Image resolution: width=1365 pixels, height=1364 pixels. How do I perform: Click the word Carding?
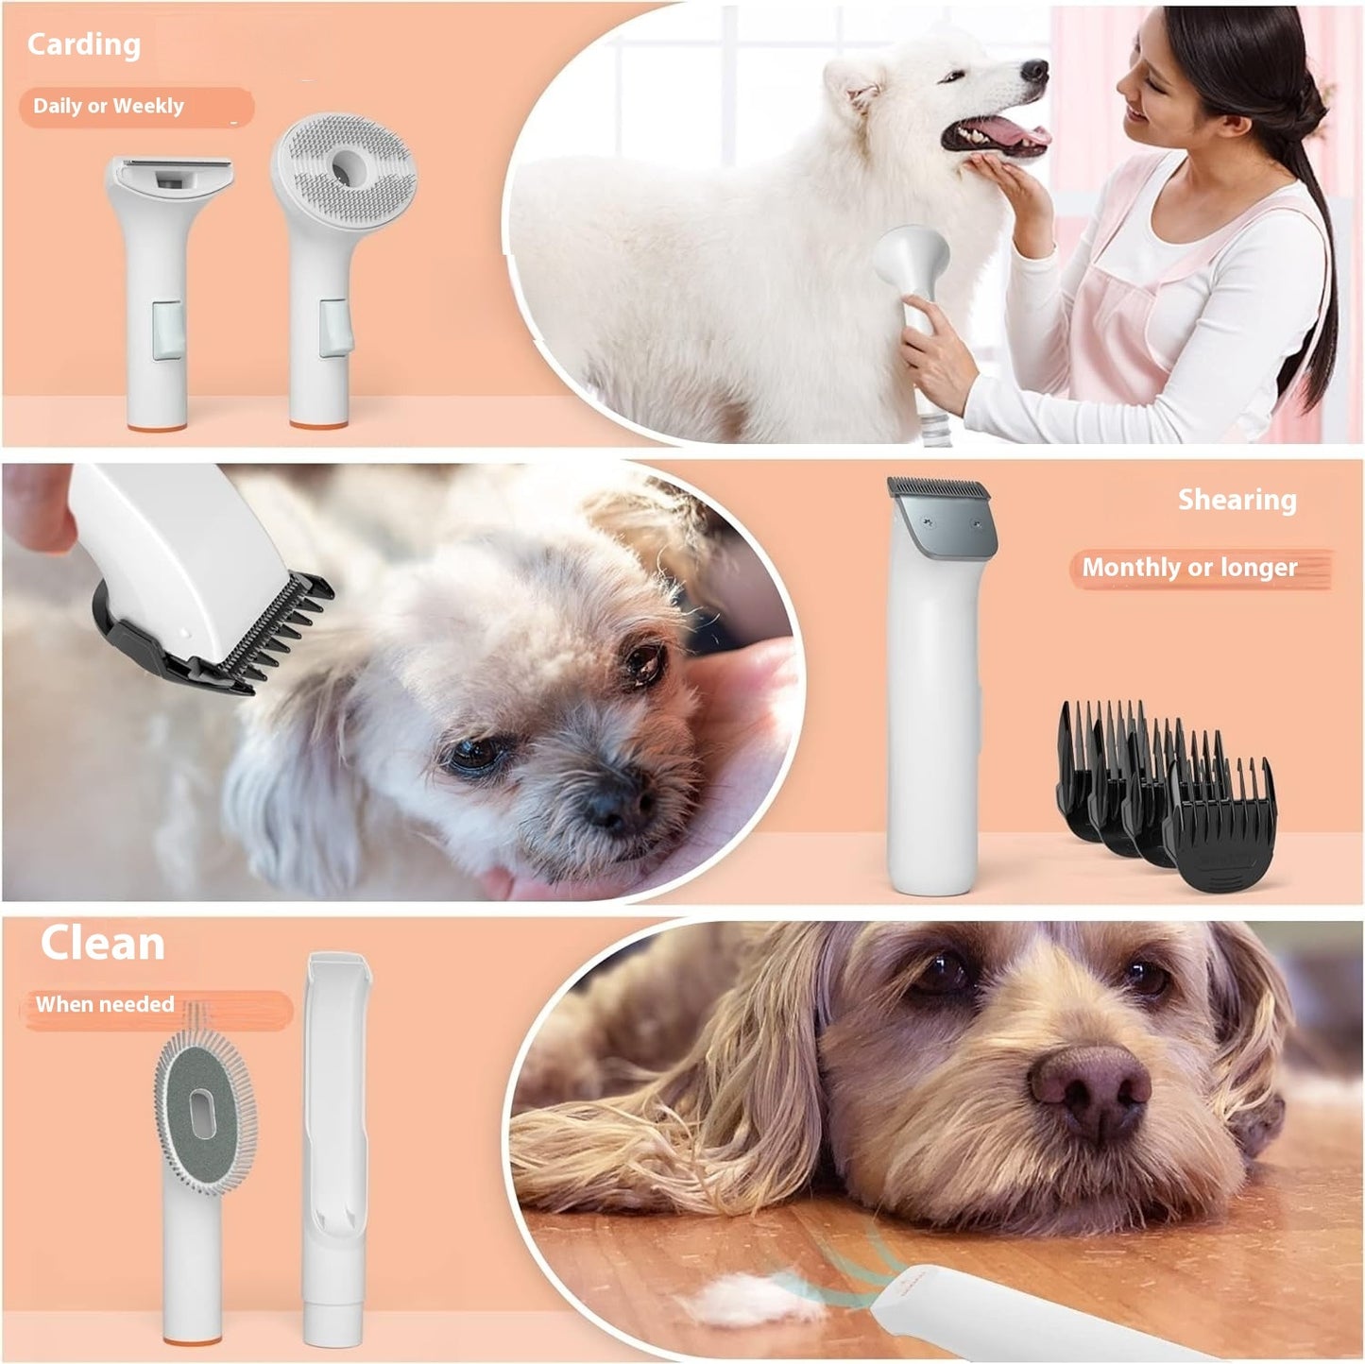coord(83,44)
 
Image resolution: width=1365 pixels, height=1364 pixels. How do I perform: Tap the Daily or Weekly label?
coord(109,106)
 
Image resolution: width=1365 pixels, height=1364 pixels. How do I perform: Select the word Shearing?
coord(1237,500)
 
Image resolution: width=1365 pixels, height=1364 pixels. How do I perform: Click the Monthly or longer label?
coord(1189,568)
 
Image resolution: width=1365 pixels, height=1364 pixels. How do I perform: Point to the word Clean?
coord(102,943)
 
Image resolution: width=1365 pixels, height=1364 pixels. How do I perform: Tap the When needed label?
coord(105,1004)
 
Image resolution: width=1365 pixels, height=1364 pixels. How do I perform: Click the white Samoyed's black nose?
coord(1036,71)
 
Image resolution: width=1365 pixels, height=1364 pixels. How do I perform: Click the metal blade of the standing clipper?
coord(941,511)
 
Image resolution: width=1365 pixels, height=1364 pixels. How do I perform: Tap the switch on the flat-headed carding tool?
coord(166,330)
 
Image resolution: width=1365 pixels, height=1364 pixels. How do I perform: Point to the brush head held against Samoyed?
coord(912,259)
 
